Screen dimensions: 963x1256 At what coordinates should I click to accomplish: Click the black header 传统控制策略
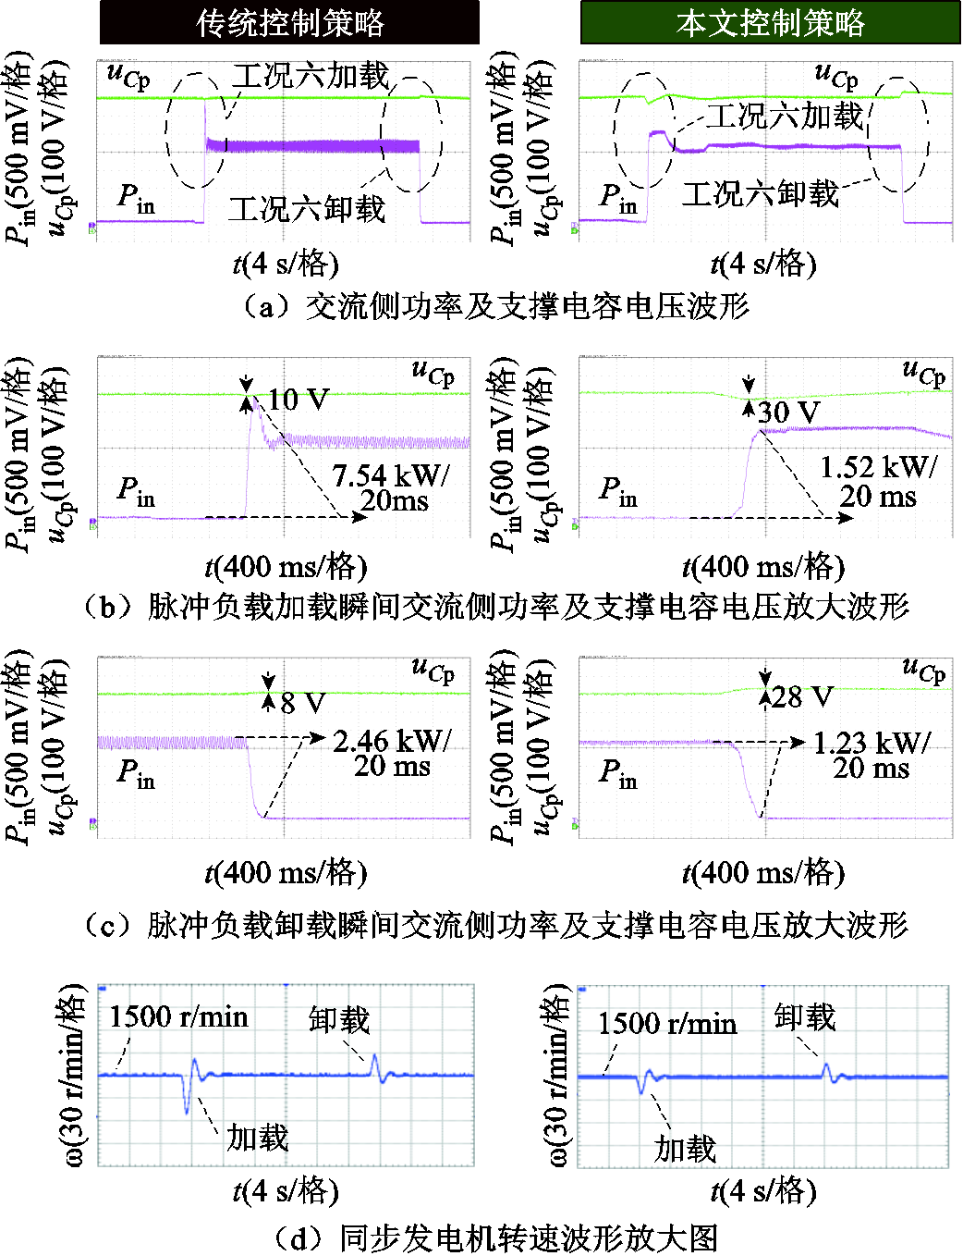click(x=289, y=22)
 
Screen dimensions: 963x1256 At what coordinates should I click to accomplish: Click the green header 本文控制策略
click(x=770, y=22)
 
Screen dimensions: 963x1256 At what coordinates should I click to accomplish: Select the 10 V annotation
click(x=298, y=400)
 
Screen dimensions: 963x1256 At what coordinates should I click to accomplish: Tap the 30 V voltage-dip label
click(x=788, y=413)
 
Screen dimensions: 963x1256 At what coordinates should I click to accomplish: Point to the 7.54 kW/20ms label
click(x=390, y=487)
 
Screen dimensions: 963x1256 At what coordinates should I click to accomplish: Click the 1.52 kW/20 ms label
click(x=878, y=482)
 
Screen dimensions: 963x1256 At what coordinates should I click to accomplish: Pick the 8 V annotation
click(x=303, y=702)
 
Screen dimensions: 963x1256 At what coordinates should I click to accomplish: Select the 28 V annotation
click(x=802, y=697)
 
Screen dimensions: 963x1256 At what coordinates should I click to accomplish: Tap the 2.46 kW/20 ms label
click(x=391, y=753)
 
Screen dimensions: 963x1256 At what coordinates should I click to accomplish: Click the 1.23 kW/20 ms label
click(x=872, y=756)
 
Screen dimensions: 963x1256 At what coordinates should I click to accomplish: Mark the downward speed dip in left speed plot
click(x=186, y=1112)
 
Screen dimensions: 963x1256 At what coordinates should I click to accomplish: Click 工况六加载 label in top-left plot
click(x=311, y=76)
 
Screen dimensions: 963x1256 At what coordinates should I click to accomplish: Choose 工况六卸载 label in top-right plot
click(x=760, y=193)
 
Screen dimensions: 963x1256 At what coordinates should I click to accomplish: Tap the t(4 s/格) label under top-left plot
click(x=286, y=265)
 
